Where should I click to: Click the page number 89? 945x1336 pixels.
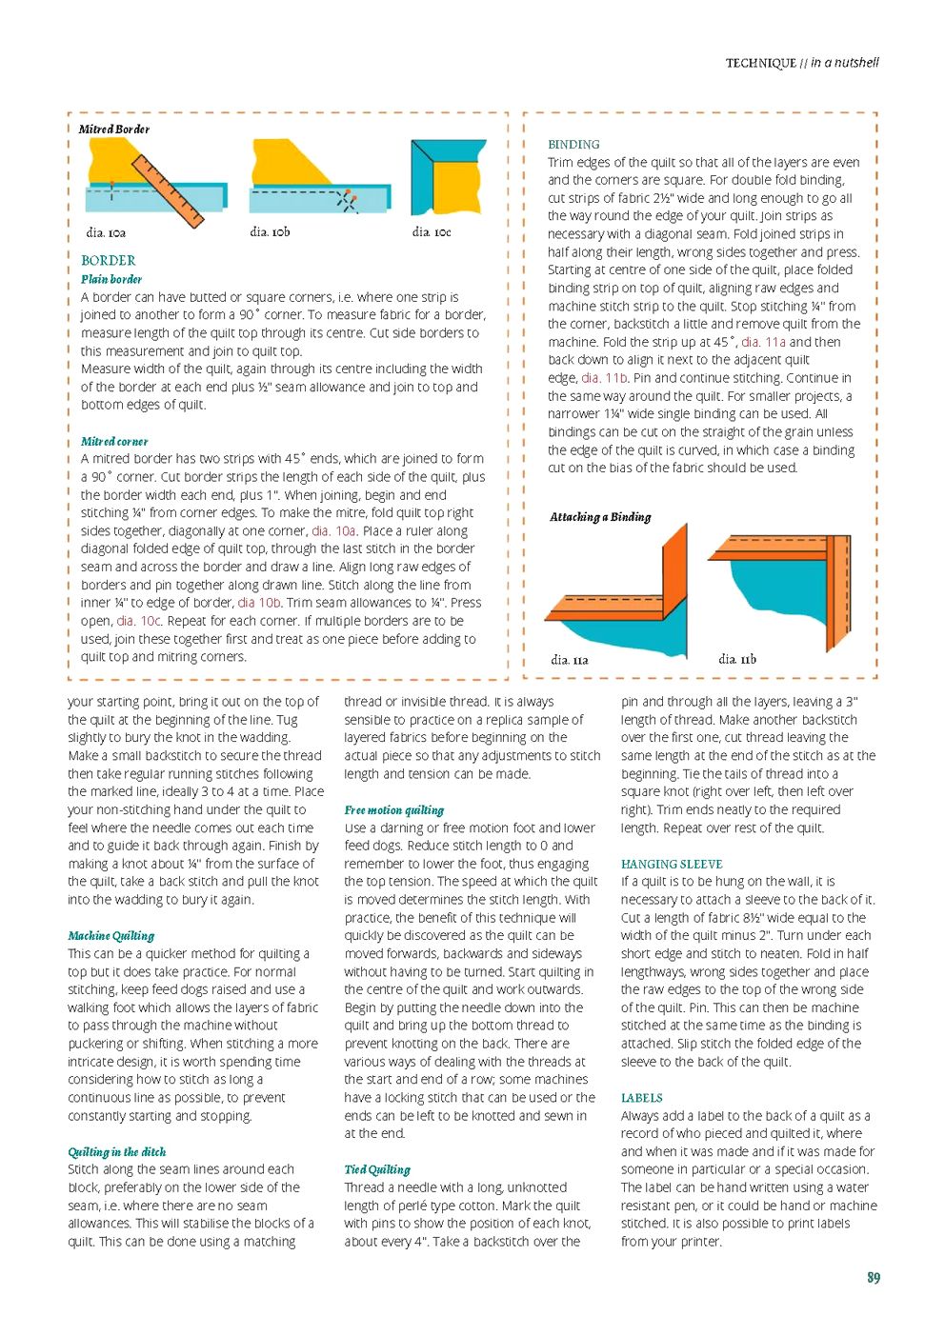pos(873,1278)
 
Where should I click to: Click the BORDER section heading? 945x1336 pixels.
pos(108,260)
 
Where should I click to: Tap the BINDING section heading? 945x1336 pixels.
pos(573,145)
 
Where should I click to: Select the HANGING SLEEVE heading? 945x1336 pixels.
pos(672,864)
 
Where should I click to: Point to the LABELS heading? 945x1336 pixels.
pos(641,1098)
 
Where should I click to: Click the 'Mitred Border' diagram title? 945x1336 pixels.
pos(114,130)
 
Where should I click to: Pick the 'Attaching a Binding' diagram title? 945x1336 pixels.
pos(600,517)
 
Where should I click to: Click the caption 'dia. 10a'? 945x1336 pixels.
pos(106,232)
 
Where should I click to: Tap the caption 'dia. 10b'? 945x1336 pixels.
pos(270,231)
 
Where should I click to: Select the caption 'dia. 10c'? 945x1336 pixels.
pos(432,231)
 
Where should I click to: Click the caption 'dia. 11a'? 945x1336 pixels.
pos(570,660)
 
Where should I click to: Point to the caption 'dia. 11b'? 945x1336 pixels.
pos(737,659)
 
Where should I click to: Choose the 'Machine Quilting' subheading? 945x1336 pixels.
pos(111,936)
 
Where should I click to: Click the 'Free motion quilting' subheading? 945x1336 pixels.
pos(393,810)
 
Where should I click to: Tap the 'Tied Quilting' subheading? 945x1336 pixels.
pos(377,1169)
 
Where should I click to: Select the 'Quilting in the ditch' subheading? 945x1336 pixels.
pos(116,1152)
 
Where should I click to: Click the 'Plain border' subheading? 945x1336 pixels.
pos(111,279)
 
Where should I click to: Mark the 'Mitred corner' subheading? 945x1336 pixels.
pos(114,441)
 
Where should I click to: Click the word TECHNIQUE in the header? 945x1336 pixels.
pos(760,64)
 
